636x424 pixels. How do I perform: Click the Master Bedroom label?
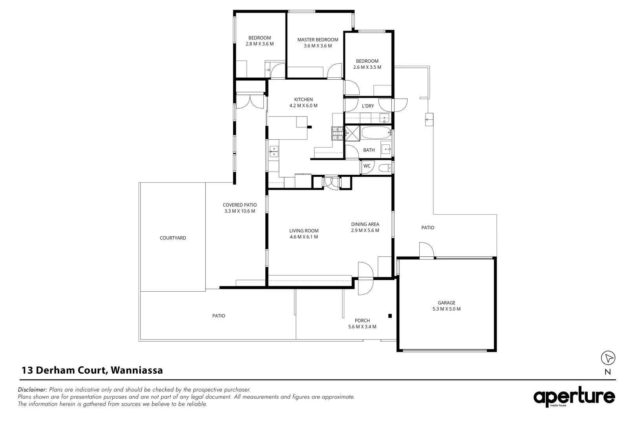point(318,40)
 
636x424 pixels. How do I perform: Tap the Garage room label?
point(446,303)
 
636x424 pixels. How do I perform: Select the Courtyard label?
point(173,238)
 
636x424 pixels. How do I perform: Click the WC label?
point(367,166)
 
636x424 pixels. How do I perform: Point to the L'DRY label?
point(368,106)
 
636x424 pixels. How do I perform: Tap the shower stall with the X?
point(352,133)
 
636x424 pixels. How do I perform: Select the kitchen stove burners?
point(337,133)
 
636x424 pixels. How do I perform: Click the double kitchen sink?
point(274,151)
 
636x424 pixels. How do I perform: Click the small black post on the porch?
point(390,316)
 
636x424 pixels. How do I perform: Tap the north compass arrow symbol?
point(608,358)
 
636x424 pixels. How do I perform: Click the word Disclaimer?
point(33,390)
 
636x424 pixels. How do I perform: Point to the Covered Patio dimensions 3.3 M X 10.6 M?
point(239,211)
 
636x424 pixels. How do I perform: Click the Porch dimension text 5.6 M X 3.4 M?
point(362,327)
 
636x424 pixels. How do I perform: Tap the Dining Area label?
point(365,224)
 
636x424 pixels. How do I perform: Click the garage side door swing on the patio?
point(426,250)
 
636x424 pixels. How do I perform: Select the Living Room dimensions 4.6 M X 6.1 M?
point(303,237)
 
